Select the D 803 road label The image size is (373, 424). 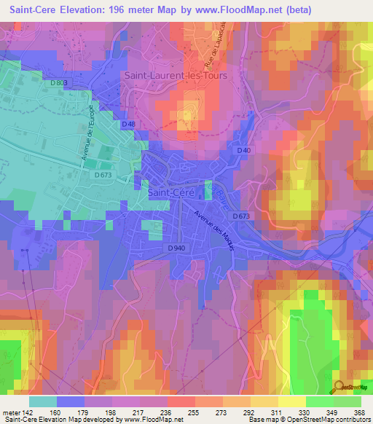(x=60, y=83)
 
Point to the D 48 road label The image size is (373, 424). (x=128, y=125)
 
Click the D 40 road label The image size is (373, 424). (x=244, y=150)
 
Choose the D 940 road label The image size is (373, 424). (x=175, y=249)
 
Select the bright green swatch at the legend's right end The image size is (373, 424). (x=347, y=401)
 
